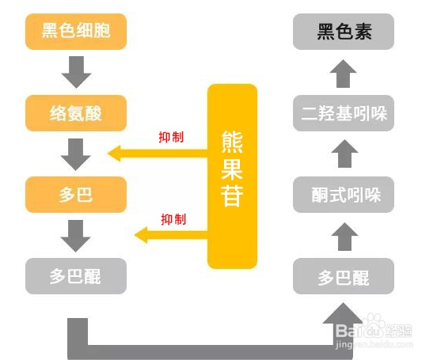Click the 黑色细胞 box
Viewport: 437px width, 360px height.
[76, 32]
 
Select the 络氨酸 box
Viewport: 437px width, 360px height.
[76, 113]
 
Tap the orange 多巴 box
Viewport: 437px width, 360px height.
[76, 195]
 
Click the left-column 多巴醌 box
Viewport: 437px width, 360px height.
[76, 276]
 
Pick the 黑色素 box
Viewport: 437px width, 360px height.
[344, 32]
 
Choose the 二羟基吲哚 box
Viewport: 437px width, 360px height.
[344, 113]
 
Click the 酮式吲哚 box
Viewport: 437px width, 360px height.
[344, 195]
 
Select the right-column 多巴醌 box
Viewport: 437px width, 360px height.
[344, 276]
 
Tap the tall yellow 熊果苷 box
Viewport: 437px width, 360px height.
[232, 176]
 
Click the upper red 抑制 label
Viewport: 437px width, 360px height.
[171, 137]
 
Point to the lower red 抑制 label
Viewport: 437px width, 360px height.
[173, 219]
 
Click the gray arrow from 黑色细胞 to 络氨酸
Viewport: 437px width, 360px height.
[76, 72]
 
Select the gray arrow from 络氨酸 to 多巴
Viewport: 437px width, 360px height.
[76, 154]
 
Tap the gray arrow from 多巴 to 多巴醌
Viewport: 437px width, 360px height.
[76, 236]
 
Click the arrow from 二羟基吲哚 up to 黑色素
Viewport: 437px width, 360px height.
[343, 74]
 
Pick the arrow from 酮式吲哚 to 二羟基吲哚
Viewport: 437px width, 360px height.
[344, 153]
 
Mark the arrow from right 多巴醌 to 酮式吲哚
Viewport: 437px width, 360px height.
[344, 237]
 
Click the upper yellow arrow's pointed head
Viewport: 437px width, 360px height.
[108, 153]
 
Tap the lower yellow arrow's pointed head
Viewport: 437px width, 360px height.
[135, 235]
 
